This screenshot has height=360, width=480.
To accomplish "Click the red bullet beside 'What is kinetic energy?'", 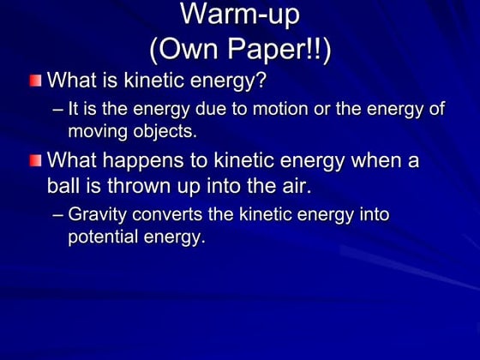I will pos(33,81).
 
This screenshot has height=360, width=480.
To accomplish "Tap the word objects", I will pos(165,132).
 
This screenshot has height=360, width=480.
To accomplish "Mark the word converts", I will pos(171,214).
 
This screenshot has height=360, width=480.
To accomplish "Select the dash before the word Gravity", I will pos(57,214).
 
